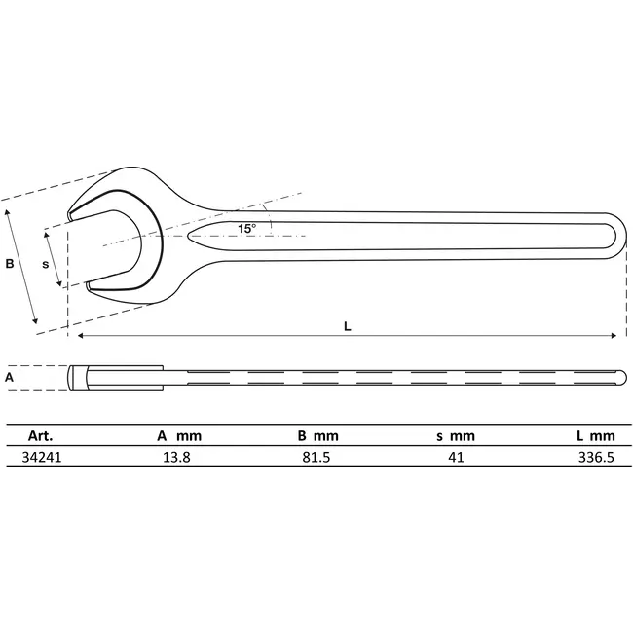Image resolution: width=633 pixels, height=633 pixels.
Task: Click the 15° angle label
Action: tap(246, 228)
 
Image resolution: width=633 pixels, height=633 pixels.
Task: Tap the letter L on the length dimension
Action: tap(347, 327)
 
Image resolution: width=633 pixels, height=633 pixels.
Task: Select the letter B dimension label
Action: tap(10, 263)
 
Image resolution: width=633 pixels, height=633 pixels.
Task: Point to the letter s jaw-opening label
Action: tap(45, 264)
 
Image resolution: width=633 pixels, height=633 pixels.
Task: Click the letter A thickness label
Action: tap(10, 376)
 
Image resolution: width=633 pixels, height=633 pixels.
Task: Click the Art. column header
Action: tap(40, 435)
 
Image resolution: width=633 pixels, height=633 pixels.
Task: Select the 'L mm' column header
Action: tap(595, 435)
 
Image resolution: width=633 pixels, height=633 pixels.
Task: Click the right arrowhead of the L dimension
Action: tap(613, 336)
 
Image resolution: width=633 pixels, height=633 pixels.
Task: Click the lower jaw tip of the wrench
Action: tap(91, 285)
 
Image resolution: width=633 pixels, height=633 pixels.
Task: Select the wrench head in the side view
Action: tap(115, 376)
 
